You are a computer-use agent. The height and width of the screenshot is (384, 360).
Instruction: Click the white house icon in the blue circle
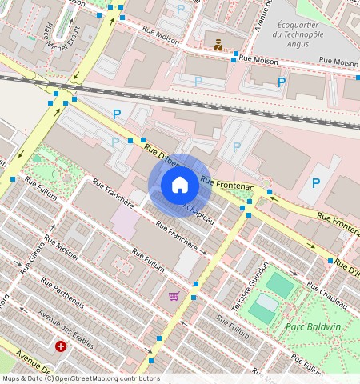[x=180, y=186]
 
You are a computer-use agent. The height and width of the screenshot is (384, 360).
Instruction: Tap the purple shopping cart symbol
[x=174, y=296]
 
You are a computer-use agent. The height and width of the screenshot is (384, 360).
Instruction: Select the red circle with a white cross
[x=61, y=346]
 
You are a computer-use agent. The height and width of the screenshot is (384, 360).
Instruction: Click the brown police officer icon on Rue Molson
[x=218, y=45]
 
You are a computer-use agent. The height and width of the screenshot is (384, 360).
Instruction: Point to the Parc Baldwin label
[x=313, y=326]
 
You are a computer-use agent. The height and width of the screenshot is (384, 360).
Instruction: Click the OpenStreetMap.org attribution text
[x=96, y=378]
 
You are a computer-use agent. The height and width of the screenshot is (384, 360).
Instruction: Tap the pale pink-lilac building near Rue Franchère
[x=124, y=221]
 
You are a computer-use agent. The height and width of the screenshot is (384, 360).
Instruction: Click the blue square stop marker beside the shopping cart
[x=194, y=284]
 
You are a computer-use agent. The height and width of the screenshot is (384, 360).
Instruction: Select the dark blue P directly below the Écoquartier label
[x=282, y=82]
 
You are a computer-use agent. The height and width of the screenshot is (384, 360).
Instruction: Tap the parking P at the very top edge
[x=180, y=9]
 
